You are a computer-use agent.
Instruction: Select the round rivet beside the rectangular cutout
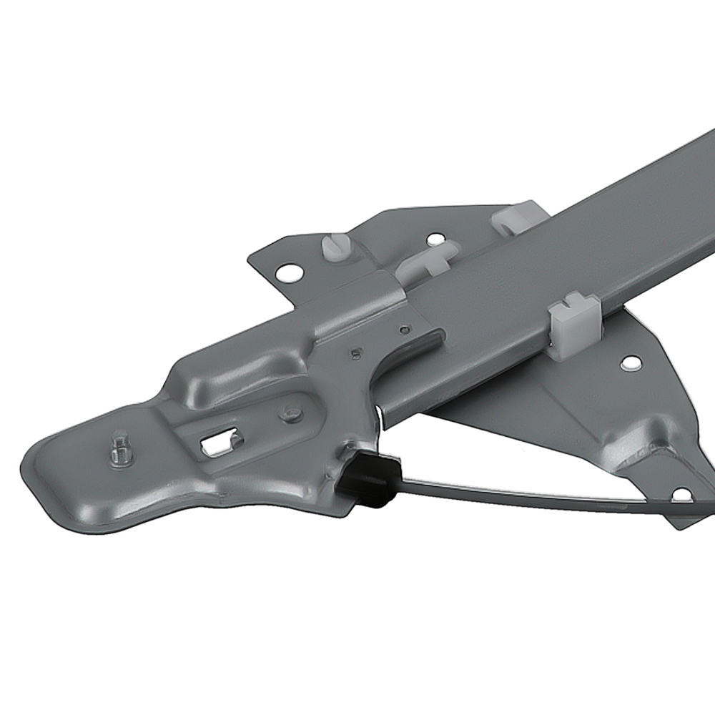click(290, 413)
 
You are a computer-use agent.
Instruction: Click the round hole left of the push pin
click(289, 272)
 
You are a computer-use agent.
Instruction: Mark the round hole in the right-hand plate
click(629, 364)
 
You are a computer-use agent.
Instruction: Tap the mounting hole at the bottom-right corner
click(682, 495)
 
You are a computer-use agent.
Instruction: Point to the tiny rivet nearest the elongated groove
click(405, 330)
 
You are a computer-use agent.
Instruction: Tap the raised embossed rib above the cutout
click(236, 372)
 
